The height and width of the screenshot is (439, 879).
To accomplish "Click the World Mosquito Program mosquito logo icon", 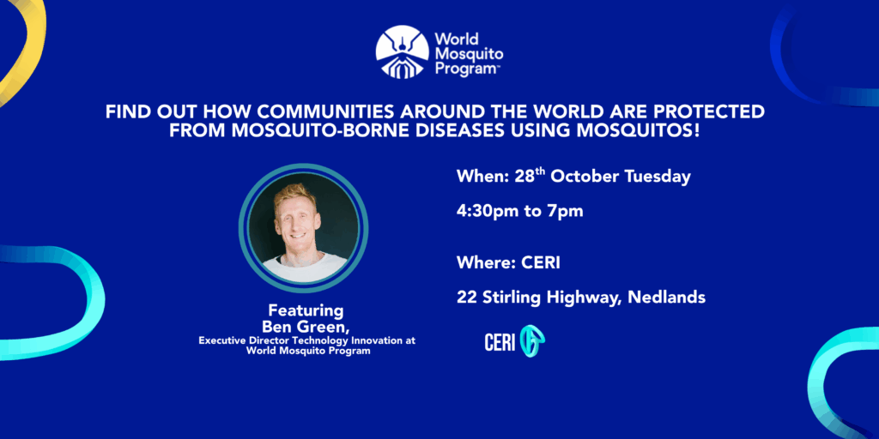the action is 403,51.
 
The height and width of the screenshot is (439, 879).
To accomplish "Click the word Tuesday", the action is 658,177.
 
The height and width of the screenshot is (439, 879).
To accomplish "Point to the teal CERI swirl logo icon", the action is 532,341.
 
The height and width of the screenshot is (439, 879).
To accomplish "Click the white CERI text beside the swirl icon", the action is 500,343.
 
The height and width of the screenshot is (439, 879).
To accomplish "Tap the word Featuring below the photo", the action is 306,310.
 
